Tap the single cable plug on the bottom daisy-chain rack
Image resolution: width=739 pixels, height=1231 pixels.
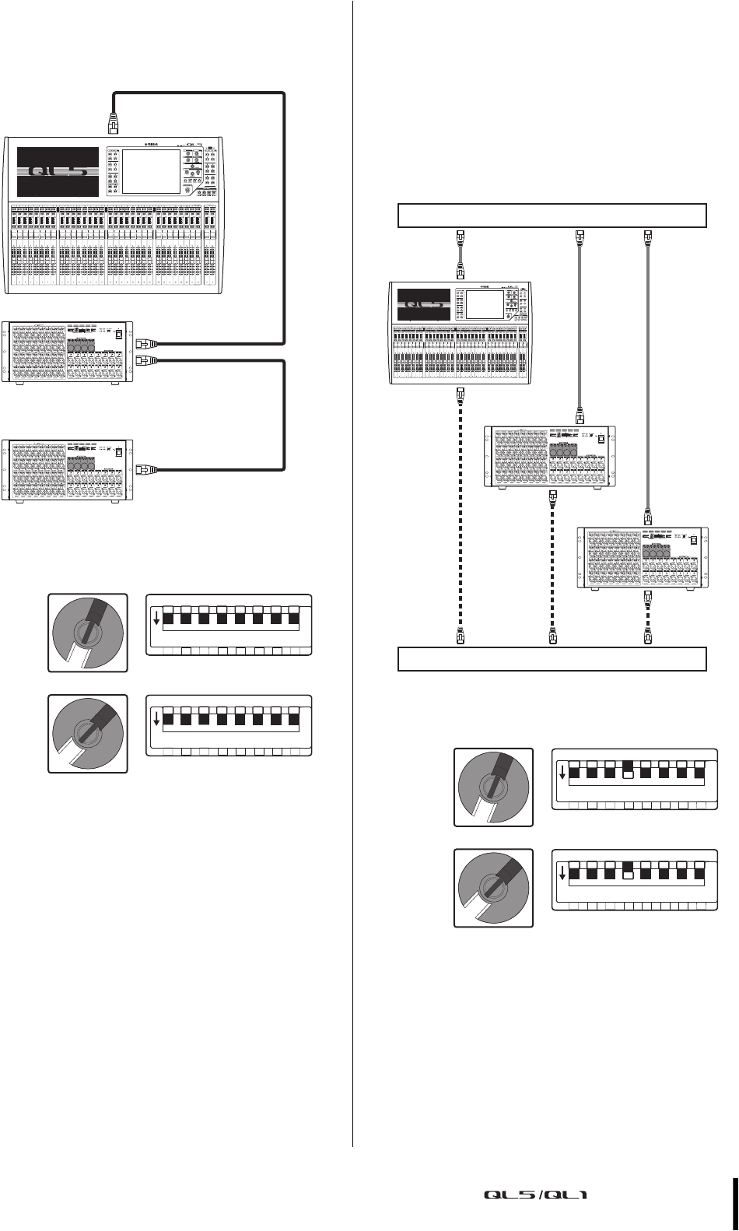pos(145,469)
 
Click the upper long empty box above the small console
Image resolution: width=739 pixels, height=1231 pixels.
pos(552,215)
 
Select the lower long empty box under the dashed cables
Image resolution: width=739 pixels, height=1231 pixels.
pos(552,659)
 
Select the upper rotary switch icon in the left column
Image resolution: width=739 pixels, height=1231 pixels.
pos(88,631)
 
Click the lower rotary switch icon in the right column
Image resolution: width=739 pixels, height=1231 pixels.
pos(494,887)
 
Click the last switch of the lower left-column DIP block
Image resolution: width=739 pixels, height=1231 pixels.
pos(294,720)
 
